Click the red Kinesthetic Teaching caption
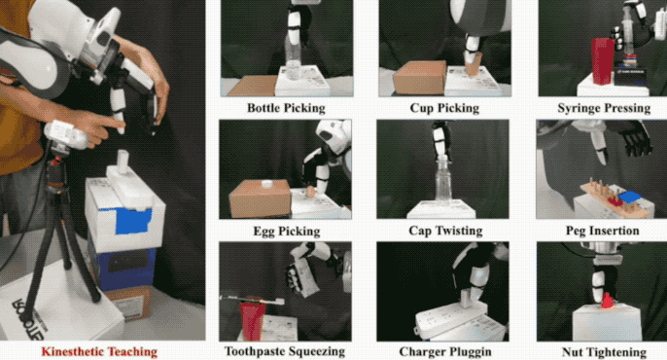[99, 352]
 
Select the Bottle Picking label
[286, 108]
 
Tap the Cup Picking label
[444, 108]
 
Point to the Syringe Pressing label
[604, 108]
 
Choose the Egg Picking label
[287, 231]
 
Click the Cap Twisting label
[445, 231]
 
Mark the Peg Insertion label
[603, 231]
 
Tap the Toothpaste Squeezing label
[285, 351]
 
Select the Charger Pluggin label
[445, 352]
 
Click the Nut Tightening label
[604, 352]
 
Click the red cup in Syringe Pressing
[603, 60]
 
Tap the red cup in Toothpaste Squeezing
[252, 321]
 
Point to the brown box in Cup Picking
[420, 78]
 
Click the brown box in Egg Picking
[260, 198]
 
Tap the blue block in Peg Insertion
[630, 197]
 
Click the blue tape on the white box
[133, 221]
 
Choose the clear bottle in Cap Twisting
[442, 181]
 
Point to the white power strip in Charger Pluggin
[451, 318]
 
